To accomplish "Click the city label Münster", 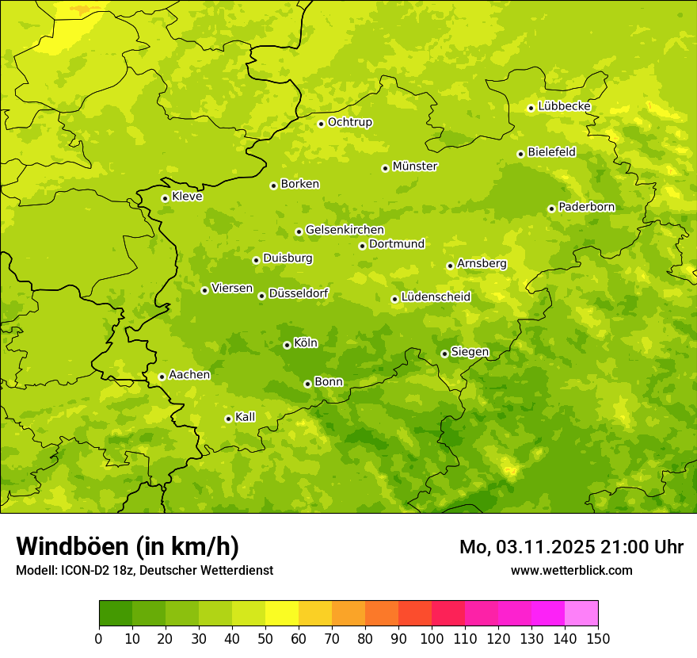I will pyautogui.click(x=415, y=166).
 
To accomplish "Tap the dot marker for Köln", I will pyautogui.click(x=287, y=345).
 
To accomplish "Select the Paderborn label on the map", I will pyautogui.click(x=586, y=207).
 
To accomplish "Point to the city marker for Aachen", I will pyautogui.click(x=162, y=377).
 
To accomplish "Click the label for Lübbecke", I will pyautogui.click(x=564, y=106).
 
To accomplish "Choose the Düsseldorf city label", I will pyautogui.click(x=299, y=293).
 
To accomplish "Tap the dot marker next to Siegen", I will pyautogui.click(x=444, y=354).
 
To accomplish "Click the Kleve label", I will pyautogui.click(x=187, y=197).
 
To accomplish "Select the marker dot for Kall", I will pyautogui.click(x=228, y=419).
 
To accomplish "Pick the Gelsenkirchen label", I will pyautogui.click(x=345, y=230).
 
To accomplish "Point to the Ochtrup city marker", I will pyautogui.click(x=321, y=124).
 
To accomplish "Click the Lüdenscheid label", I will pyautogui.click(x=436, y=297).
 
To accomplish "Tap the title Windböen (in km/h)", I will pyautogui.click(x=128, y=546).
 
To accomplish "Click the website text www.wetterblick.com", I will pyautogui.click(x=571, y=570).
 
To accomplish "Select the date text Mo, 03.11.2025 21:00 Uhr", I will pyautogui.click(x=571, y=547).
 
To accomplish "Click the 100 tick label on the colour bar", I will pyautogui.click(x=432, y=639).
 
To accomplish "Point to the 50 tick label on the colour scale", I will pyautogui.click(x=265, y=639).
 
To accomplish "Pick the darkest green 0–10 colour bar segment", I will pyautogui.click(x=116, y=613).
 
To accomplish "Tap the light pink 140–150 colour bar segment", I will pyautogui.click(x=581, y=613).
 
